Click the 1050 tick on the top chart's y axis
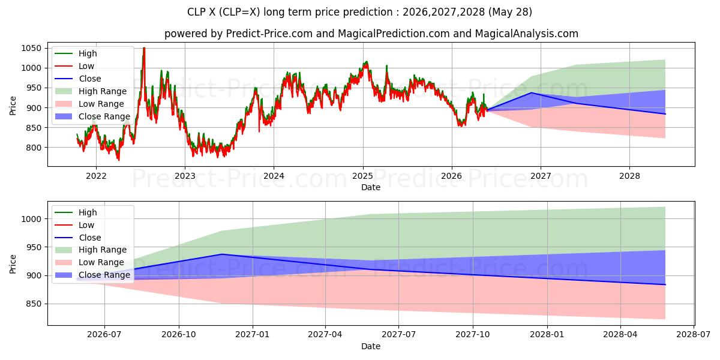(x=31, y=48)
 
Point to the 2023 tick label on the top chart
(x=185, y=176)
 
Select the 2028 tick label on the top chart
(x=629, y=176)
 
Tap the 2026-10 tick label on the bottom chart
(x=179, y=335)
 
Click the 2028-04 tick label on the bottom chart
(x=620, y=335)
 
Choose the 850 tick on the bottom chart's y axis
(x=34, y=304)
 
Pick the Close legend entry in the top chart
(x=78, y=79)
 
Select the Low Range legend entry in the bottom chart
(x=89, y=263)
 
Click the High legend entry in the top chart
(x=76, y=53)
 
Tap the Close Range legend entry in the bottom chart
(x=92, y=275)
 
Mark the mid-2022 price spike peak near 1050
(x=144, y=48)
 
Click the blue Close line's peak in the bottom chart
(x=222, y=254)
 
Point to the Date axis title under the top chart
(x=371, y=187)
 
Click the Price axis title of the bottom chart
(x=13, y=264)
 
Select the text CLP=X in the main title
(x=241, y=12)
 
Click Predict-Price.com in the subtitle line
(x=269, y=34)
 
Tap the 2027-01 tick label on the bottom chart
(x=253, y=335)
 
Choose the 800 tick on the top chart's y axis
(x=34, y=148)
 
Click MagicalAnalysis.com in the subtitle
(x=527, y=34)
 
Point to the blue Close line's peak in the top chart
(x=531, y=92)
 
